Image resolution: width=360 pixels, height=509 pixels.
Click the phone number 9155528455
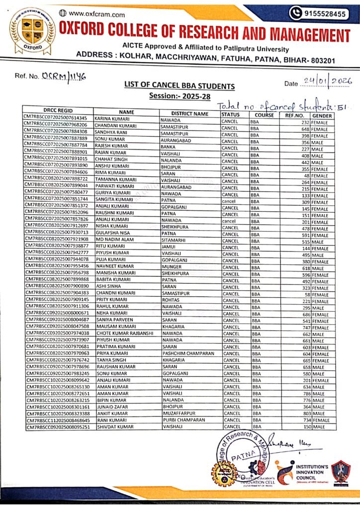[x=326, y=14]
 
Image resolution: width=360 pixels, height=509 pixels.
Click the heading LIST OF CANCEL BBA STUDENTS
[x=180, y=86]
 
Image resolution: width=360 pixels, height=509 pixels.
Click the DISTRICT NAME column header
[x=189, y=114]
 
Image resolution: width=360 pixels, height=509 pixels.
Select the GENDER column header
[x=323, y=114]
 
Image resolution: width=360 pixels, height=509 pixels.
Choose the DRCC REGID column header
[x=58, y=113]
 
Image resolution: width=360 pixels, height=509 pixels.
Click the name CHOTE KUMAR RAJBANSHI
[x=125, y=333]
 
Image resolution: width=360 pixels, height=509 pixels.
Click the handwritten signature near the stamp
[x=293, y=441]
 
